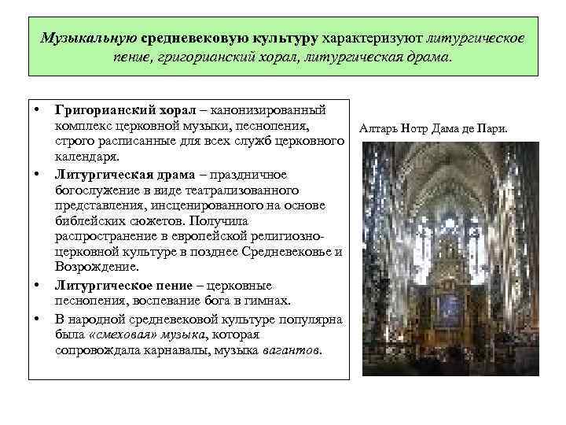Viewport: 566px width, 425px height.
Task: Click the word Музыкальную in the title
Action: (x=88, y=38)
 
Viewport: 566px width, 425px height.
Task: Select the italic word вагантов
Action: (x=294, y=348)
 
